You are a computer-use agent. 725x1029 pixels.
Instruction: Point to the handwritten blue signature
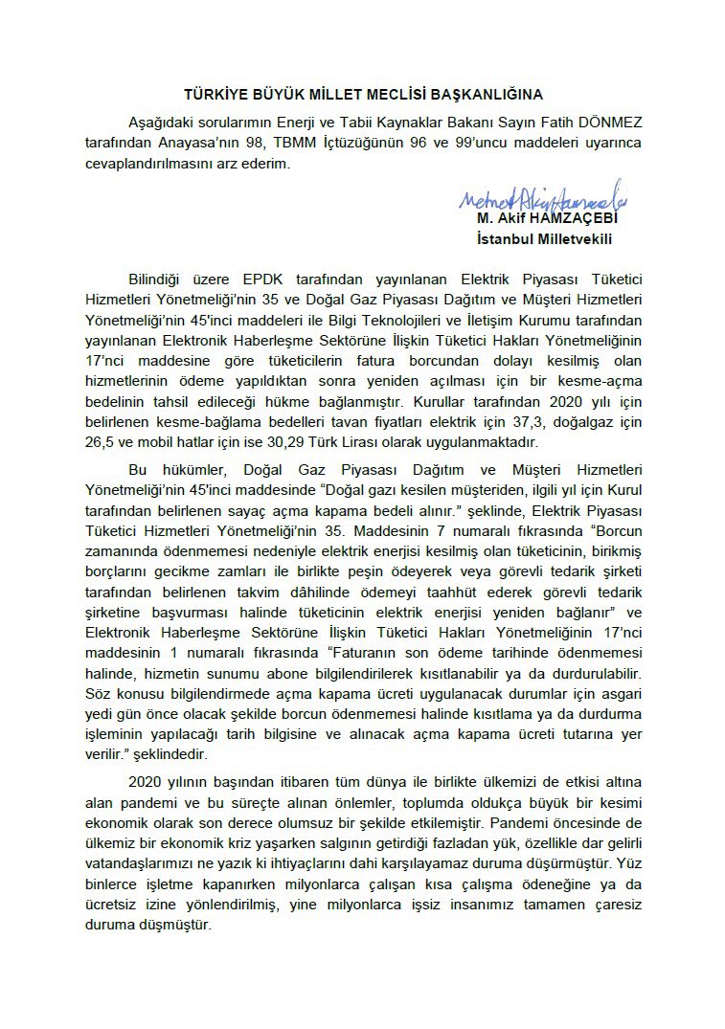(541, 198)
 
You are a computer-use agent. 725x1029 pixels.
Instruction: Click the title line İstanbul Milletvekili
(544, 238)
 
